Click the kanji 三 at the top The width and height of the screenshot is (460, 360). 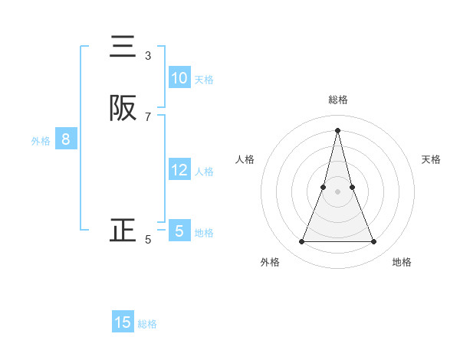pyautogui.click(x=123, y=47)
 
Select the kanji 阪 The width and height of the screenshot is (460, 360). pyautogui.click(x=123, y=108)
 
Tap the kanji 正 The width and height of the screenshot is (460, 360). pyautogui.click(x=123, y=231)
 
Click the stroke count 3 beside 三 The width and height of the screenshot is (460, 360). pyautogui.click(x=148, y=56)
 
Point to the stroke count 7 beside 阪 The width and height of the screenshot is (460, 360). pyautogui.click(x=148, y=116)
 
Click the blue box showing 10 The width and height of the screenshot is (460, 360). pyautogui.click(x=179, y=78)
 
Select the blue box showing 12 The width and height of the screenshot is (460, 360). pyautogui.click(x=179, y=170)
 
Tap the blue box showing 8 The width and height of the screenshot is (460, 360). pyautogui.click(x=66, y=139)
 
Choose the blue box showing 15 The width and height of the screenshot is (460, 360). pyautogui.click(x=123, y=322)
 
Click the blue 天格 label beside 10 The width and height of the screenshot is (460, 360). pyautogui.click(x=204, y=80)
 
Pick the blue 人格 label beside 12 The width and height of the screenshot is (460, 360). pyautogui.click(x=204, y=172)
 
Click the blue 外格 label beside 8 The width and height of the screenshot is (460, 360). pyautogui.click(x=41, y=141)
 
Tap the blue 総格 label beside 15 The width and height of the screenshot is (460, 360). pyautogui.click(x=147, y=324)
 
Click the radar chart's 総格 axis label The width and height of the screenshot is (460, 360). pyautogui.click(x=338, y=100)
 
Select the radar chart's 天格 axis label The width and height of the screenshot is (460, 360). pyautogui.click(x=432, y=159)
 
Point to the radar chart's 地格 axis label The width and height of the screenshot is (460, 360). pyautogui.click(x=402, y=262)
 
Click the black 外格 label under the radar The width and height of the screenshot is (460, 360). pyautogui.click(x=270, y=262)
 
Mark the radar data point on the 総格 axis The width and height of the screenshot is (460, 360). pyautogui.click(x=337, y=129)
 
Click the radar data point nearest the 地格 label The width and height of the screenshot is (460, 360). pyautogui.click(x=374, y=242)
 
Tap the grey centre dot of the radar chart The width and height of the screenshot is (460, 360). pyautogui.click(x=337, y=191)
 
